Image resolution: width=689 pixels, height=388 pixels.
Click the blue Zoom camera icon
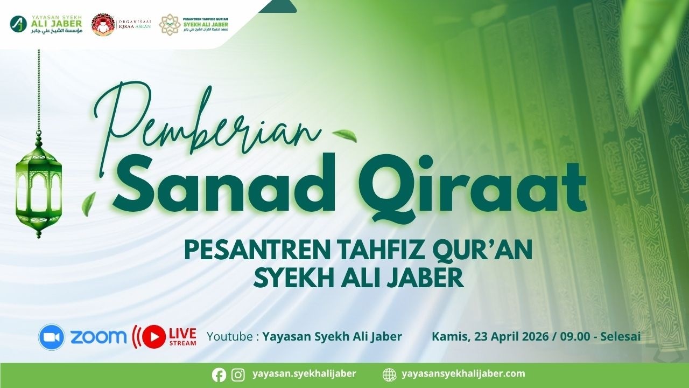coord(52,337)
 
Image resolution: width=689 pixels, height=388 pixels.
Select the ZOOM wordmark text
coord(99,337)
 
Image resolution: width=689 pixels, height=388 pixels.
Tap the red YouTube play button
coord(154,337)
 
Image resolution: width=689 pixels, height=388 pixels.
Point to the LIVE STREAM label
coord(182,336)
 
